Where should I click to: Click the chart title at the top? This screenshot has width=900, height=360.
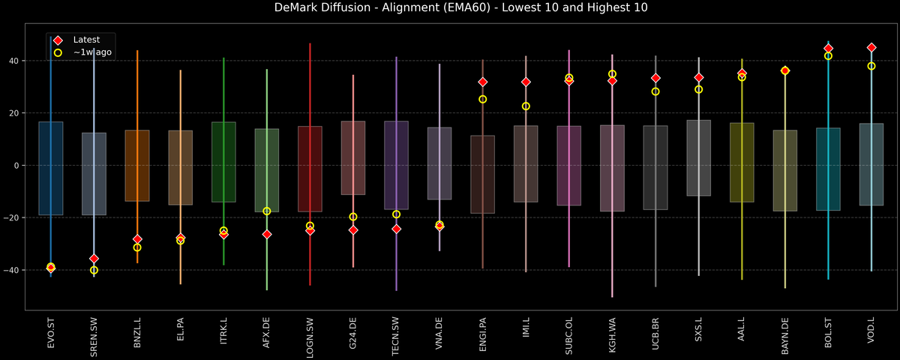(x=450, y=8)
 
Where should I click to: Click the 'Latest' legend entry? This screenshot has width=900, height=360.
(x=84, y=39)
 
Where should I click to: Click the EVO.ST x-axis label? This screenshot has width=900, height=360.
(x=50, y=334)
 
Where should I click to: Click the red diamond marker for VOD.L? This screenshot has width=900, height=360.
(x=871, y=47)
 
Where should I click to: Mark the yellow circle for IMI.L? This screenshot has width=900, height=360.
(x=526, y=106)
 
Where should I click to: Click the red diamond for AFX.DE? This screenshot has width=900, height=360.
(x=267, y=234)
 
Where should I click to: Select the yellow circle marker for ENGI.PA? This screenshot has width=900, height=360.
(x=483, y=99)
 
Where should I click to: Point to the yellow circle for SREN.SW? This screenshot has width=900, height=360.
(x=94, y=270)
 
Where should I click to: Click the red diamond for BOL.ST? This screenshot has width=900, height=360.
(x=828, y=48)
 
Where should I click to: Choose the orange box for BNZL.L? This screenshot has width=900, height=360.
(x=137, y=165)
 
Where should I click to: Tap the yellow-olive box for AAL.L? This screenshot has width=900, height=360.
(x=742, y=162)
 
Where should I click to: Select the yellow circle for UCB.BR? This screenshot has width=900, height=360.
(x=655, y=91)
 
